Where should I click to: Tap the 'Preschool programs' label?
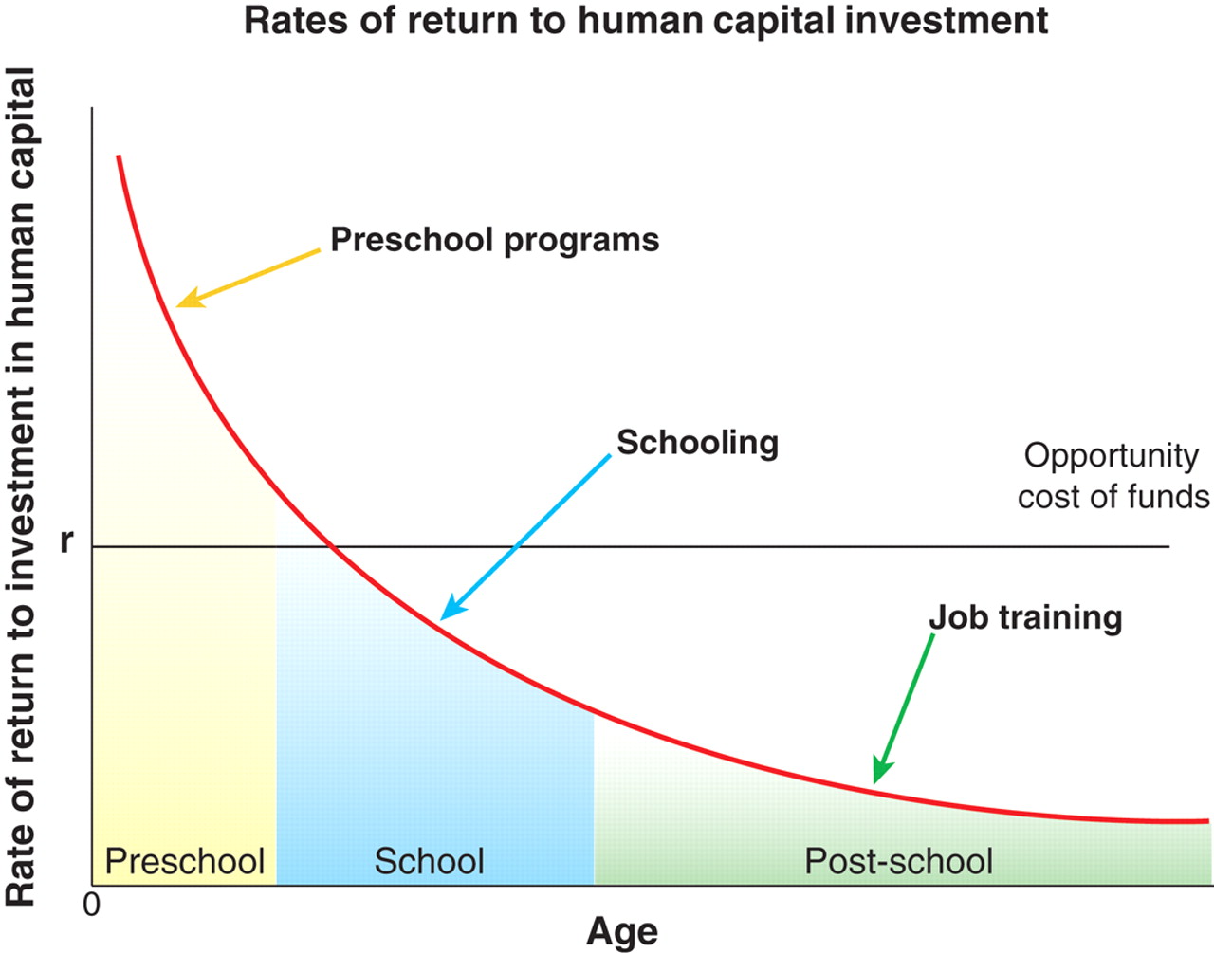tap(495, 241)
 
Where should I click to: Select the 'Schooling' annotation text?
tap(697, 443)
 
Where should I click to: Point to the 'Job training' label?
tap(1025, 618)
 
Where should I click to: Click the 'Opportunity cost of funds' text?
tap(1113, 476)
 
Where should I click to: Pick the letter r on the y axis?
tap(67, 541)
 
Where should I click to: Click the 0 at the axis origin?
tap(92, 905)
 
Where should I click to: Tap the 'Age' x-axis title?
tap(622, 933)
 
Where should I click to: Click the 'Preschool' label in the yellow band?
tap(184, 861)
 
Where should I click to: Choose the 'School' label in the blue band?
tap(429, 861)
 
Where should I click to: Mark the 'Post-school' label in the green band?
tap(898, 861)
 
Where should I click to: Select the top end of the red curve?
tap(119, 156)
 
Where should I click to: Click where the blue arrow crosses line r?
tap(517, 546)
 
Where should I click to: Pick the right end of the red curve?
tap(1208, 821)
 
